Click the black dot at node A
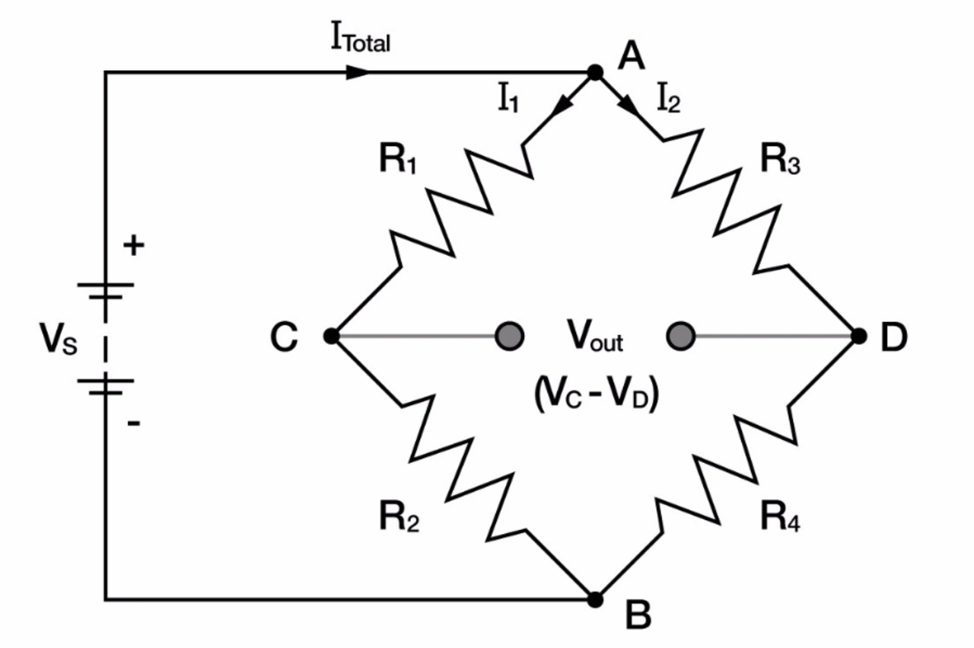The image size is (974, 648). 595,72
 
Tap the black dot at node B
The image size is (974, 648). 595,600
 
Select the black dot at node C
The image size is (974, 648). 331,336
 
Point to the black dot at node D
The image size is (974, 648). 859,336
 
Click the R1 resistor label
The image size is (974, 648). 398,159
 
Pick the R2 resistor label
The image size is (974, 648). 399,516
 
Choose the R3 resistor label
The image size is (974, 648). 781,159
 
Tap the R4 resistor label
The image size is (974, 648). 781,516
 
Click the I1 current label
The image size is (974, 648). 508,98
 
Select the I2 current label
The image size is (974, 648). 668,98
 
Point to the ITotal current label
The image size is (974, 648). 361,37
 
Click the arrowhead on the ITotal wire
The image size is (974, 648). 358,72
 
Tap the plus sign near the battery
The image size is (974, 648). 134,245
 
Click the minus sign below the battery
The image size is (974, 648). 134,423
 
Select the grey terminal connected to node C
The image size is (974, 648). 510,336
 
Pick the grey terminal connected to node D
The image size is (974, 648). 680,336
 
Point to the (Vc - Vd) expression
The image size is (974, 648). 597,394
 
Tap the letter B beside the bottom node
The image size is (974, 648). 638,614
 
